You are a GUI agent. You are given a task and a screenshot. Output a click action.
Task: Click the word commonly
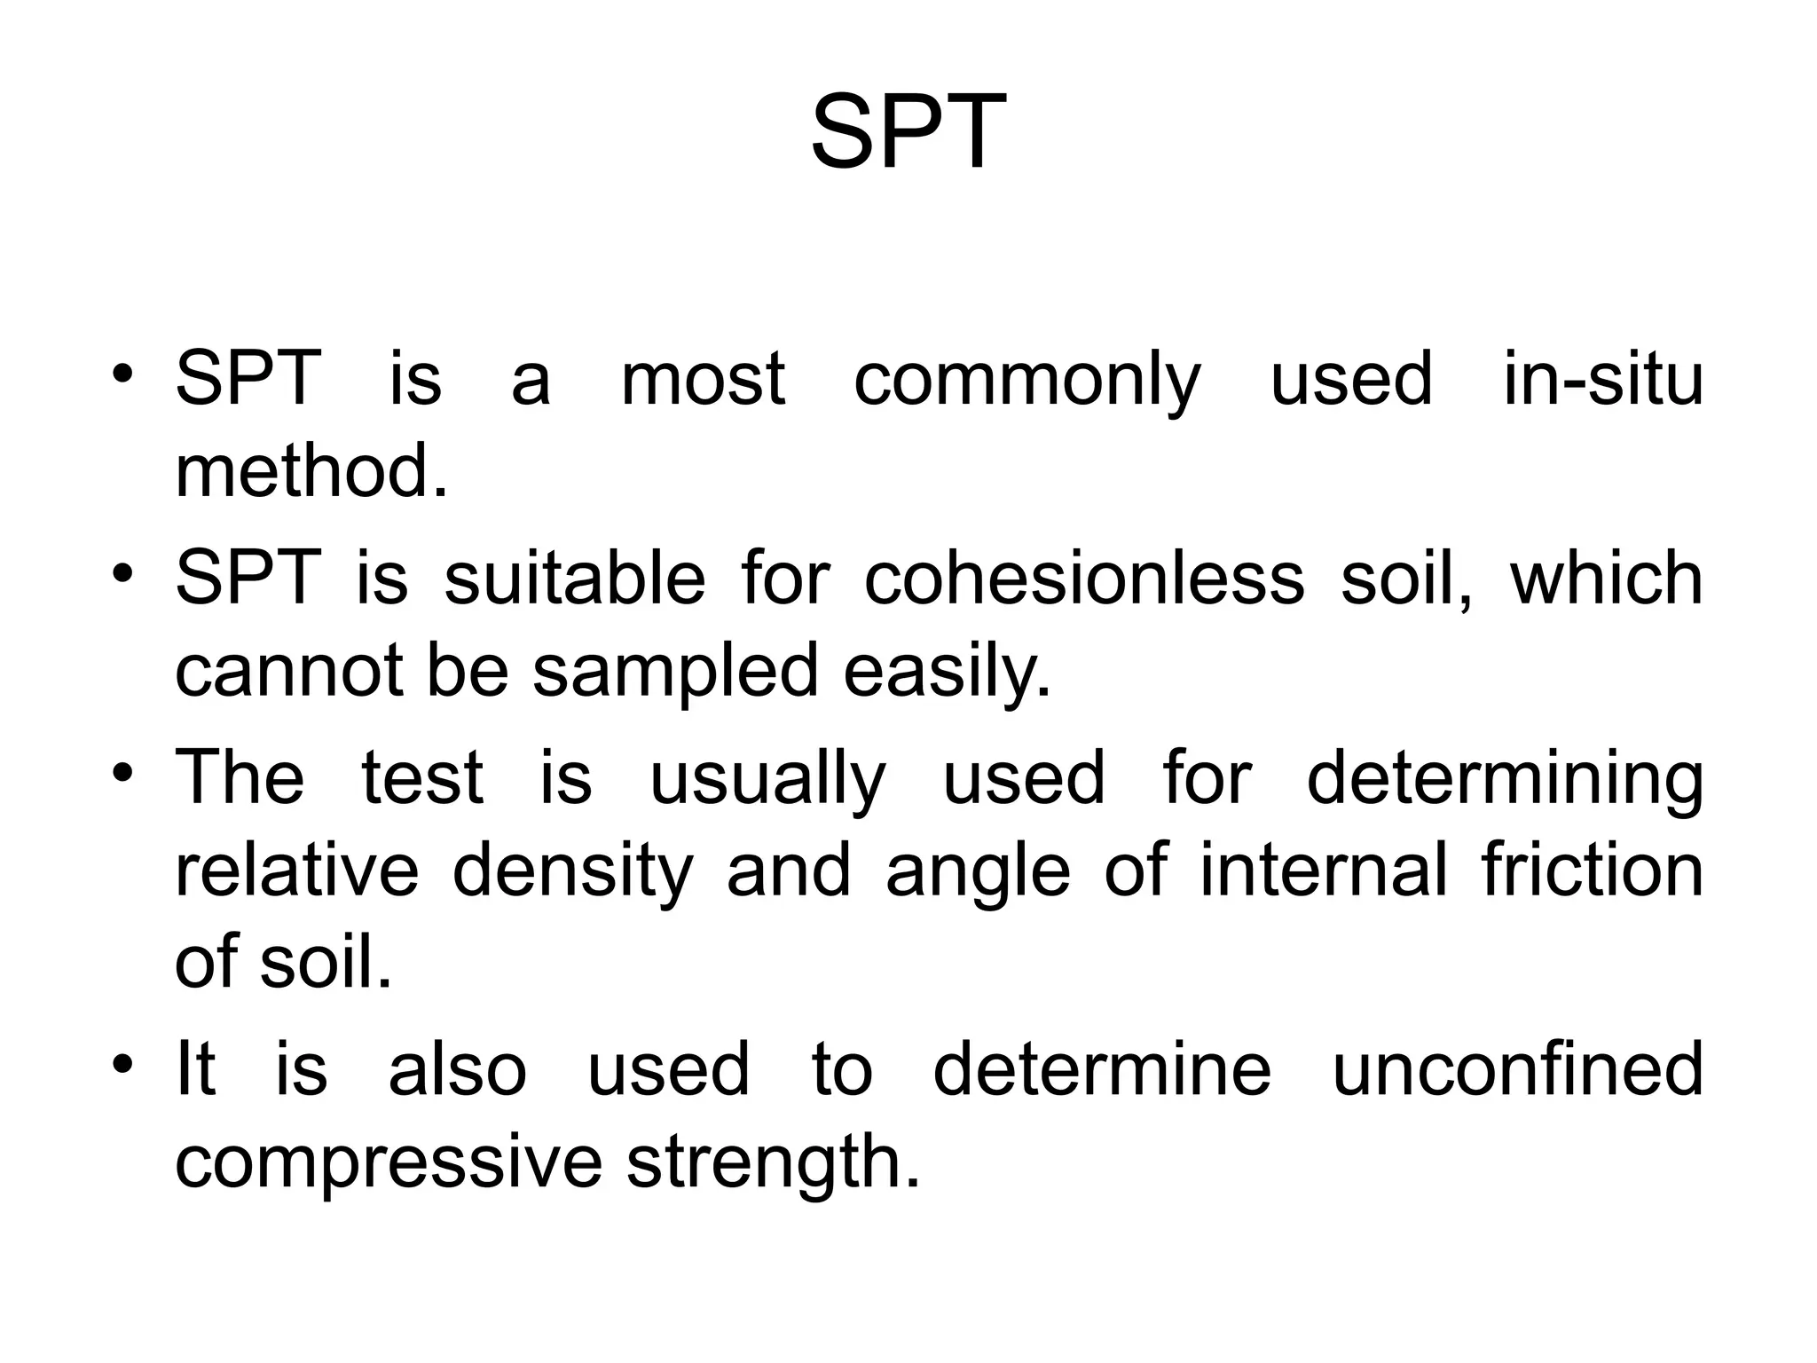coord(1027,380)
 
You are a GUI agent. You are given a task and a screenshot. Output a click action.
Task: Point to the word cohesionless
coord(1083,578)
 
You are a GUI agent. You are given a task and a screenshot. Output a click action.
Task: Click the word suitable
coord(574,578)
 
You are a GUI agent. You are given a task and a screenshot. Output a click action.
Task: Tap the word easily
coord(947,671)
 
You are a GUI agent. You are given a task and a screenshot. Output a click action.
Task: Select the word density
coord(572,871)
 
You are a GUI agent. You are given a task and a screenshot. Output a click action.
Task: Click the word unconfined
coord(1517,1068)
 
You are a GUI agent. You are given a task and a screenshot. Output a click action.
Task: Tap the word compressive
coord(389,1162)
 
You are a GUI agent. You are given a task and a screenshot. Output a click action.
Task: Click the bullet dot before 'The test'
coord(122,768)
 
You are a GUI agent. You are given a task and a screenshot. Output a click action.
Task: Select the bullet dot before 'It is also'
coord(122,1060)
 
